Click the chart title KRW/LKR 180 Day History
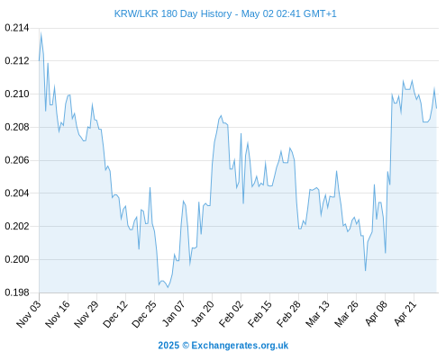pos(173,14)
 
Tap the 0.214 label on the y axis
pos(17,28)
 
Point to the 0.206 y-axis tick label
pos(17,160)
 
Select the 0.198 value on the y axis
pos(17,292)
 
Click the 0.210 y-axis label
pos(17,94)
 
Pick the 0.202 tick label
pos(17,226)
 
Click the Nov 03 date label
pos(28,314)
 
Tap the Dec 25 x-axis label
pos(143,314)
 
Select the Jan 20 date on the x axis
pos(203,313)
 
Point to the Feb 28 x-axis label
pos(288,314)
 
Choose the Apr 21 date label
pos(405,313)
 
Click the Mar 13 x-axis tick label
pos(317,314)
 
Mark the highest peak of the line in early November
pos(41,32)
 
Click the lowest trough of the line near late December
pos(168,287)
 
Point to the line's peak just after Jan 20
pos(221,115)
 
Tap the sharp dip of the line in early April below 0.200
pos(366,271)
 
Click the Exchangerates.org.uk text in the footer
pos(240,346)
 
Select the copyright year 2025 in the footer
pos(168,346)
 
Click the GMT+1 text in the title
pos(320,14)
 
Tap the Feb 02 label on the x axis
pos(231,314)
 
